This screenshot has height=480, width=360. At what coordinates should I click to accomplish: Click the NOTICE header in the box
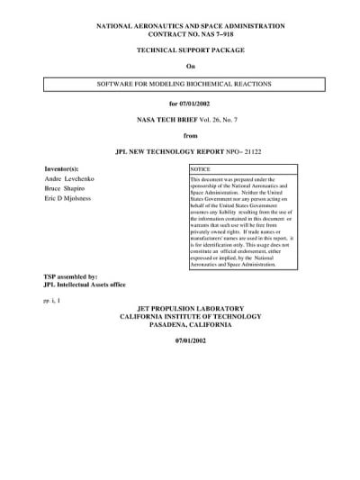click(x=200, y=169)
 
